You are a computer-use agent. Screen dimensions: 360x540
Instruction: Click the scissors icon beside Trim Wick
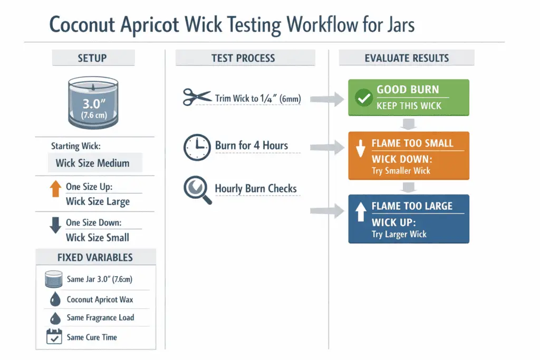point(196,97)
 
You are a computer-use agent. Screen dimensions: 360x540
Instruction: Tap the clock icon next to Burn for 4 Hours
point(196,147)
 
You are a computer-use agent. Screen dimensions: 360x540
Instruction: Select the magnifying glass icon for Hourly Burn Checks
point(197,190)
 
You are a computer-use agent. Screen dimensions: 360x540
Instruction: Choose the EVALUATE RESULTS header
point(407,58)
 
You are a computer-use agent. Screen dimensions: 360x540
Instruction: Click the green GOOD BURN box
point(409,98)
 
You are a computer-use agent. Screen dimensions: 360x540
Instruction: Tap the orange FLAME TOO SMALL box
point(409,156)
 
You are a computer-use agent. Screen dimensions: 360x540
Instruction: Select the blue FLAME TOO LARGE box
point(409,219)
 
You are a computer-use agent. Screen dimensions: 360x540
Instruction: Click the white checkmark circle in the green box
point(364,98)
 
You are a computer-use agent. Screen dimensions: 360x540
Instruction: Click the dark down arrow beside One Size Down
point(55,225)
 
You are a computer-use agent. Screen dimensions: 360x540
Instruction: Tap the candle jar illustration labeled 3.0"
point(93,103)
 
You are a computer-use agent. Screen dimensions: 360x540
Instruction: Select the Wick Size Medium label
point(92,163)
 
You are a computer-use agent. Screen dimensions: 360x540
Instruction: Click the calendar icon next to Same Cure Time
point(54,337)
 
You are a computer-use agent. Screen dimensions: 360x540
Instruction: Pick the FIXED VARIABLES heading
point(95,258)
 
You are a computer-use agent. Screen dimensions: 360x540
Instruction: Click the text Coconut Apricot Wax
point(100,299)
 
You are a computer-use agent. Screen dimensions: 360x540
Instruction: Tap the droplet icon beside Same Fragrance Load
point(54,318)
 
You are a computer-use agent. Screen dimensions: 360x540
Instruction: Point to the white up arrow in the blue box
point(361,213)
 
